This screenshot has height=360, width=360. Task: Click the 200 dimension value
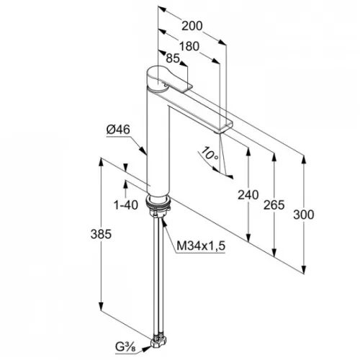pyautogui.click(x=192, y=26)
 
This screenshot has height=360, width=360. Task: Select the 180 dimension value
pyautogui.click(x=189, y=46)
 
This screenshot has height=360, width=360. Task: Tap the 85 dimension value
pyautogui.click(x=173, y=58)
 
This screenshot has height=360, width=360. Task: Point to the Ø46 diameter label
pyautogui.click(x=118, y=130)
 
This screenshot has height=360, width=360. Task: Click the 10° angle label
pyautogui.click(x=210, y=153)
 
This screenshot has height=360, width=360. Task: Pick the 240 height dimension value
pyautogui.click(x=248, y=194)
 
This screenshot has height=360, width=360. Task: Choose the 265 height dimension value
pyautogui.click(x=274, y=205)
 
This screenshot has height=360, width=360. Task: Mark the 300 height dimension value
pyautogui.click(x=304, y=215)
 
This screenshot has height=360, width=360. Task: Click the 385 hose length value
pyautogui.click(x=101, y=234)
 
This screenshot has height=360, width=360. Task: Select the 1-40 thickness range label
pyautogui.click(x=126, y=205)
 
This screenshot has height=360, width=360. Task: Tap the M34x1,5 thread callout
pyautogui.click(x=201, y=246)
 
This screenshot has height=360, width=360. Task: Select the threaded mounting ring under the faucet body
pyautogui.click(x=158, y=202)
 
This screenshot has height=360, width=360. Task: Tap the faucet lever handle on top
pyautogui.click(x=168, y=79)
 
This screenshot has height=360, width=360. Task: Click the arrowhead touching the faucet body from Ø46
pyautogui.click(x=143, y=150)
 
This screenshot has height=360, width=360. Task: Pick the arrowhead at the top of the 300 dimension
pyautogui.click(x=304, y=160)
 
